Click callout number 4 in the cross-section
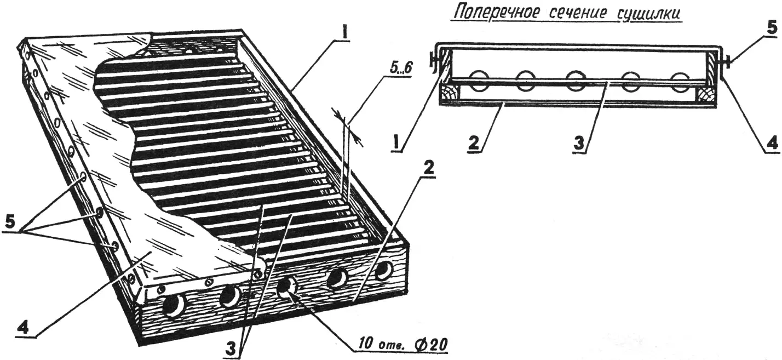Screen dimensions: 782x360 [772, 151]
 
